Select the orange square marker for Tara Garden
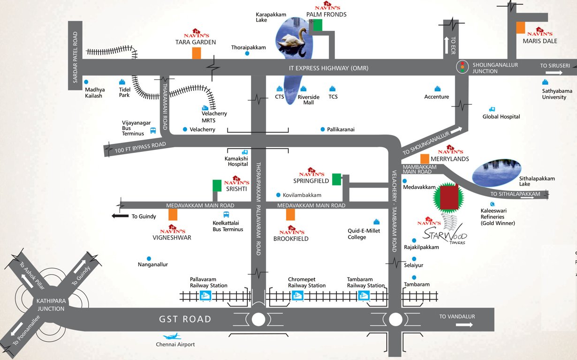[197, 53]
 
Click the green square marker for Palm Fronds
[319, 25]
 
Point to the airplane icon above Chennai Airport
[172, 336]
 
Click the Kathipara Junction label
[50, 306]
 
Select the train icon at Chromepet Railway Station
[296, 295]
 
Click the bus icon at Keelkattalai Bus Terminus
[226, 215]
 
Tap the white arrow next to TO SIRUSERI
[554, 73]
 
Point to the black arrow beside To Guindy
[120, 216]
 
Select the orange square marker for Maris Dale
[520, 28]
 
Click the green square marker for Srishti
[217, 186]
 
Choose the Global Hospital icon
[492, 109]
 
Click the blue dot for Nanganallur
[149, 258]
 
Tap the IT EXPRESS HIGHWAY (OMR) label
[328, 68]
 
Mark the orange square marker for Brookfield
[291, 215]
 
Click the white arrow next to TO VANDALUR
[464, 324]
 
